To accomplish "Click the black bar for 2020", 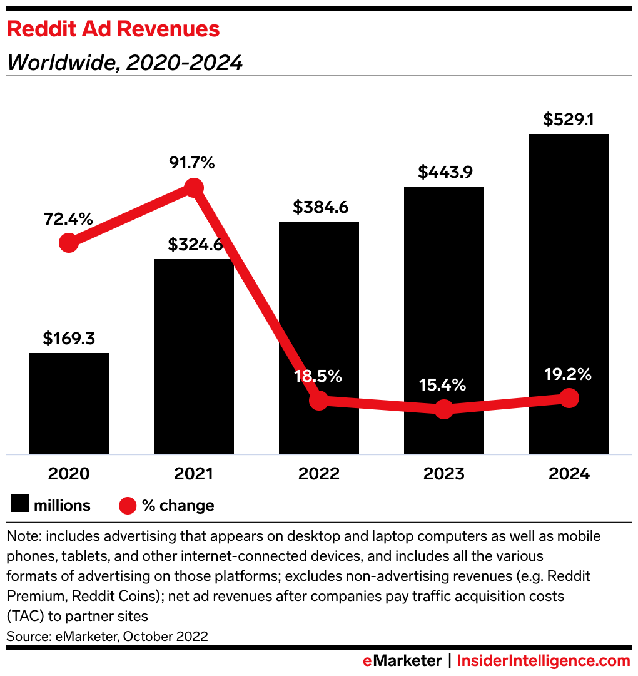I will click(x=69, y=404).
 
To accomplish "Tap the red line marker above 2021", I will click(x=194, y=188).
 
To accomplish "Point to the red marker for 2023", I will click(x=443, y=409).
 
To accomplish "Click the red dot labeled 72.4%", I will click(x=69, y=243).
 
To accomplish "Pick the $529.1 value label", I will click(x=569, y=119).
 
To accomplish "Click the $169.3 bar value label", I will click(x=69, y=339).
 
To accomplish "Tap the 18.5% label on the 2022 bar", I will click(x=318, y=376).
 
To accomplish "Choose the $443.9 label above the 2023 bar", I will click(x=443, y=172).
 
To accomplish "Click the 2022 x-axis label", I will click(x=318, y=474).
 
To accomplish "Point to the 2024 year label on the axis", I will click(x=569, y=474).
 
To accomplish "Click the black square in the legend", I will click(x=21, y=505).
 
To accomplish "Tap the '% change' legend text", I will click(x=178, y=506).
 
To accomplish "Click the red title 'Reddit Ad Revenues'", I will click(x=113, y=29).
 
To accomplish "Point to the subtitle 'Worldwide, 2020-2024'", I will click(x=124, y=63).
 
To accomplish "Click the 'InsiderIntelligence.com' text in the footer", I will click(x=544, y=660).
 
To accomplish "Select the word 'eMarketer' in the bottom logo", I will click(x=402, y=660).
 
